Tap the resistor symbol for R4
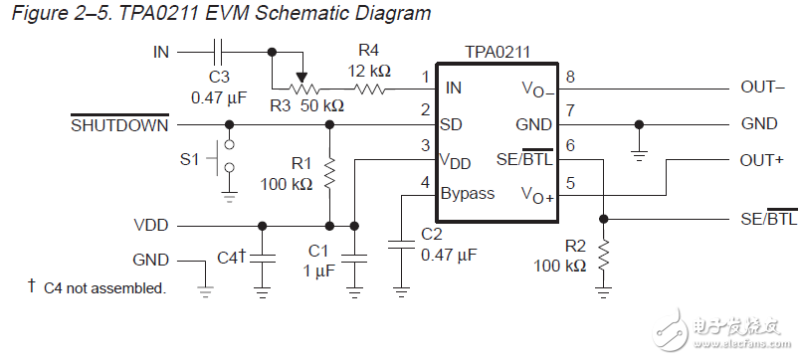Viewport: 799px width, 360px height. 369,88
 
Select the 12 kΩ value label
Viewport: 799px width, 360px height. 369,71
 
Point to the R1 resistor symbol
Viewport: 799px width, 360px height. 328,174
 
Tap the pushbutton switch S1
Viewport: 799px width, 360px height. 228,156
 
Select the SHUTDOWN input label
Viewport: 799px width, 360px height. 119,125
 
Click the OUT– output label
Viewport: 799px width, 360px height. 763,88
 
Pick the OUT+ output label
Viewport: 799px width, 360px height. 763,160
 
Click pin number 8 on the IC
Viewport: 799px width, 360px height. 570,78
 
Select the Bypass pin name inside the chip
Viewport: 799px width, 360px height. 468,194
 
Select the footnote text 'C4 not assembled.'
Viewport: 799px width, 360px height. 103,287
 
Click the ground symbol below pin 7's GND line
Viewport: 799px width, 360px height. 638,154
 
